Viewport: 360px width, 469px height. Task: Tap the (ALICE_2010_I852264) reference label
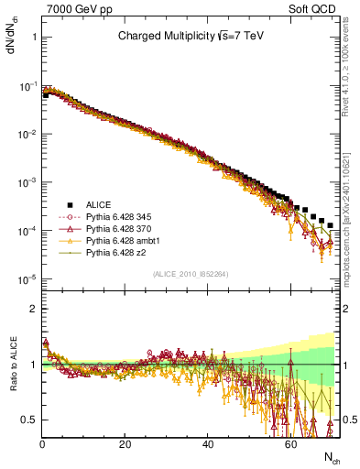tap(190, 274)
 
